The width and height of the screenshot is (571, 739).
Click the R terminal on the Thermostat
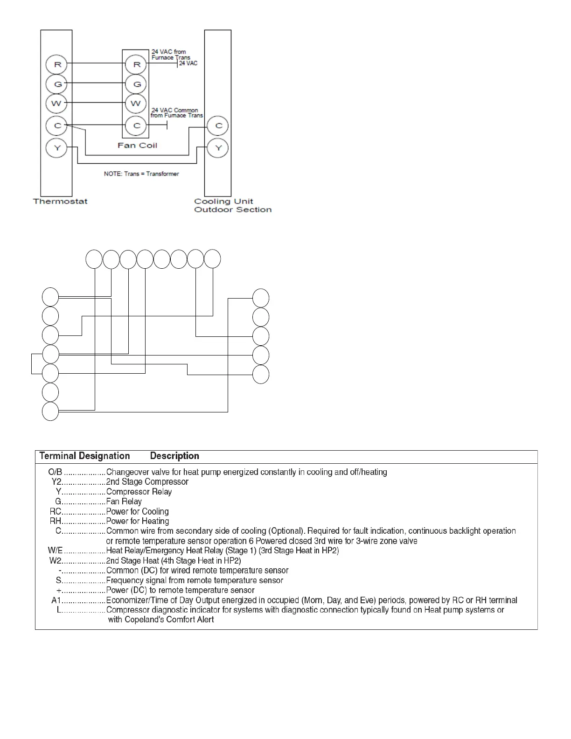pos(57,64)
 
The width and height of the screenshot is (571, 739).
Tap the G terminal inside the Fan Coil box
pos(137,84)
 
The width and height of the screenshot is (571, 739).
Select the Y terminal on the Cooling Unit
pos(218,148)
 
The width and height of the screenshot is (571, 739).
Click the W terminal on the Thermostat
pos(56,103)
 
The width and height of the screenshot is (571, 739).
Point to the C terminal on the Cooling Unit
pos(218,125)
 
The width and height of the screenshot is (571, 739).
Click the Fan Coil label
pos(137,146)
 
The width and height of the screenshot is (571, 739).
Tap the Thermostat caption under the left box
pos(60,202)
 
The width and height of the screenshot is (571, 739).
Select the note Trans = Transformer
pos(141,174)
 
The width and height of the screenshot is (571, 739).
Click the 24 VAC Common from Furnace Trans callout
pos(177,113)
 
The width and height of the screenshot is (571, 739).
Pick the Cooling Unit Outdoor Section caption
pos(232,206)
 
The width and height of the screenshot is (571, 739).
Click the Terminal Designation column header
pos(84,456)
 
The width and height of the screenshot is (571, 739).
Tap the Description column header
pos(174,456)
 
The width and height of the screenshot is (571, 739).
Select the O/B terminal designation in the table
pos(55,472)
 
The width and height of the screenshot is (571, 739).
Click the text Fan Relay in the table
pos(124,502)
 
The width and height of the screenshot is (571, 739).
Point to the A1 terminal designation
pos(56,600)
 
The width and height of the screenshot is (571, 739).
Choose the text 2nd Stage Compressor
pos(147,482)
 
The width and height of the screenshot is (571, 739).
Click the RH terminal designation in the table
pos(56,521)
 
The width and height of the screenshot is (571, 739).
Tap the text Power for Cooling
pos(137,511)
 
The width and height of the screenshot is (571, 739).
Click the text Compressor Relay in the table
pos(139,492)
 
